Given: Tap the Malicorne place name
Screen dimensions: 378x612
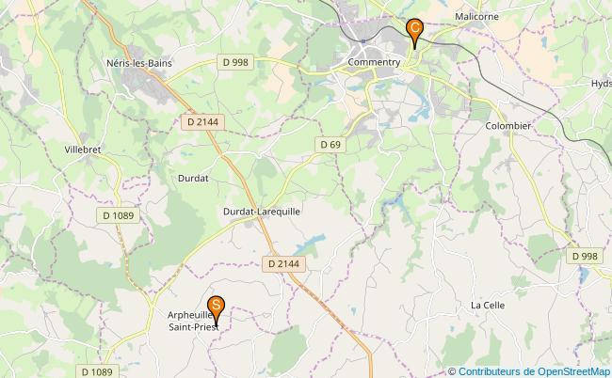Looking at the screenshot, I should click(476, 17).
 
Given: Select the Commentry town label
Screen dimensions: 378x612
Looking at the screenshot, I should click(375, 63).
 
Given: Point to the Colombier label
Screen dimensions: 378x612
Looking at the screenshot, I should click(508, 126).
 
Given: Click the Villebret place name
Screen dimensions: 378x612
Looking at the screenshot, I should click(84, 150).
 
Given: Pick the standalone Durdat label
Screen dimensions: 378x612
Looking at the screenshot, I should click(193, 177).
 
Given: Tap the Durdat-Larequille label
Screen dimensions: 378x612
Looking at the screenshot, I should click(262, 213).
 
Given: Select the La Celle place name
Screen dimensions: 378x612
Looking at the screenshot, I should click(489, 306).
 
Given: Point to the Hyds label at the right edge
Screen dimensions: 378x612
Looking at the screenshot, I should click(601, 84).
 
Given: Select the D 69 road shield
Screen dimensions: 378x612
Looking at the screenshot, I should click(330, 145).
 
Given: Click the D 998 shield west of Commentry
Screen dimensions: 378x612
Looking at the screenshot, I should click(236, 62).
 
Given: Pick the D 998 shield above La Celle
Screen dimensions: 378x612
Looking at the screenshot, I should click(585, 256).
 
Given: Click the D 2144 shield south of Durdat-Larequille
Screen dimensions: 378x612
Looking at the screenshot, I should click(282, 264).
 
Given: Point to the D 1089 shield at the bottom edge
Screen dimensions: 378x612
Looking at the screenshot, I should click(96, 371).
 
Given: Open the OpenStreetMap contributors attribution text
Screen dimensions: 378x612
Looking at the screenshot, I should click(528, 370).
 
